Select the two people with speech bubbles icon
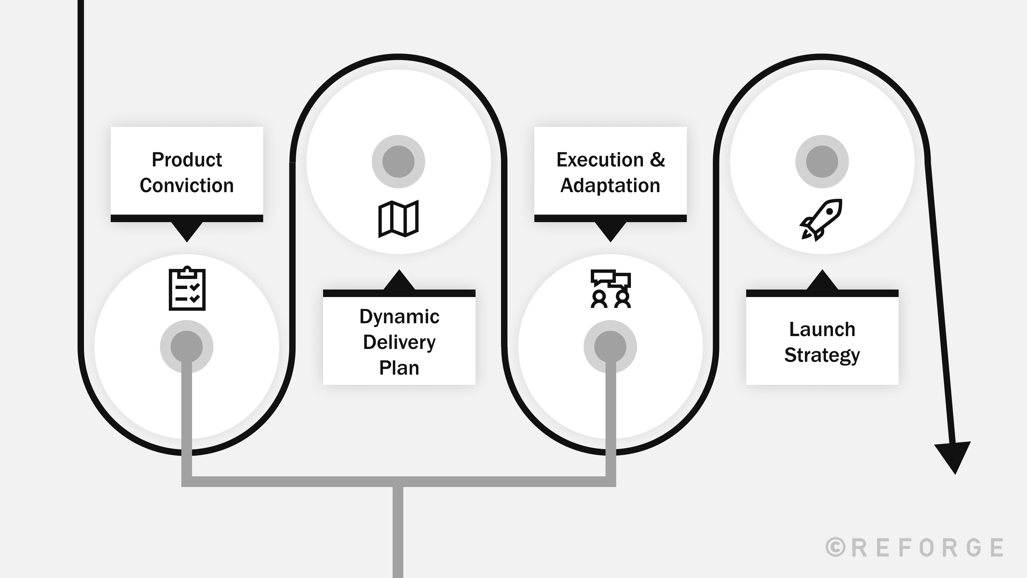pyautogui.click(x=610, y=289)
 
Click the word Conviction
pyautogui.click(x=187, y=185)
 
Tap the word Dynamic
pyautogui.click(x=399, y=317)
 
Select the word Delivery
pyautogui.click(x=399, y=342)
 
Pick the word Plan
pyautogui.click(x=399, y=368)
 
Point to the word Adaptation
pyautogui.click(x=610, y=185)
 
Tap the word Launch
pyautogui.click(x=822, y=329)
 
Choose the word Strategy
pyautogui.click(x=822, y=355)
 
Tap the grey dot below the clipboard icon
pyautogui.click(x=187, y=346)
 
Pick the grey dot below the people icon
pyautogui.click(x=610, y=346)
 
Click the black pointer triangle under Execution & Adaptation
pyautogui.click(x=610, y=231)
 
